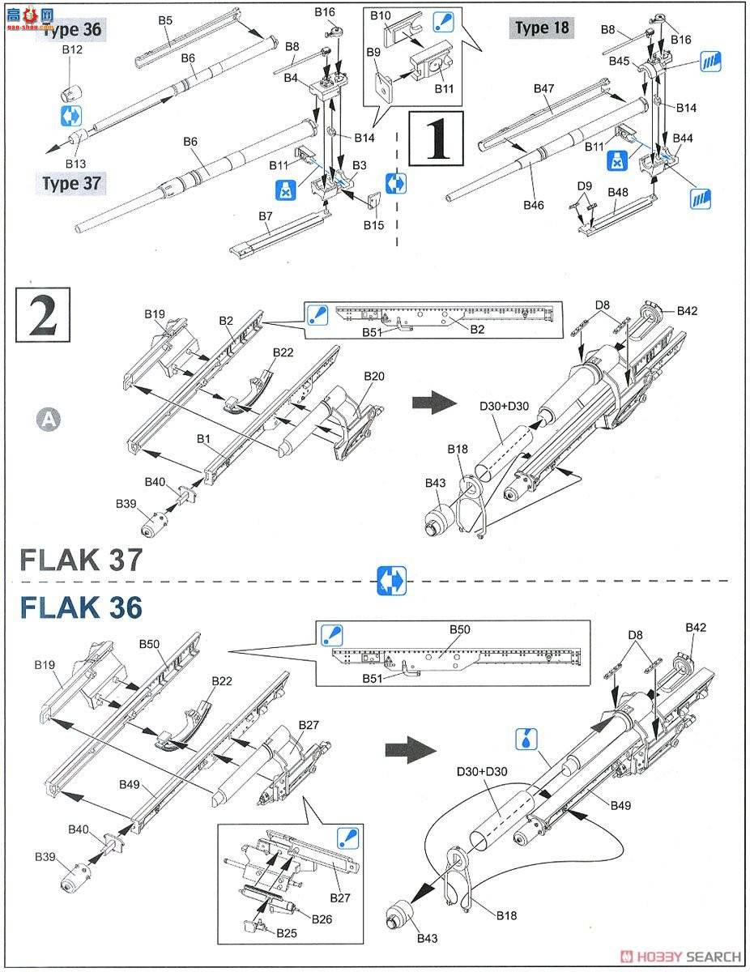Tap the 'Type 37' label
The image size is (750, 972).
[x=72, y=183]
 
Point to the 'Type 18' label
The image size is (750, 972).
[x=543, y=28]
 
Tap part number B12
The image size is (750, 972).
[x=73, y=50]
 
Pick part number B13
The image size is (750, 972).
[x=75, y=164]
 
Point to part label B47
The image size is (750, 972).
[x=544, y=87]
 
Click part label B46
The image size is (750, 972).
[x=534, y=205]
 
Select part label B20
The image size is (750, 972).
[x=374, y=377]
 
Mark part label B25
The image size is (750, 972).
[x=287, y=933]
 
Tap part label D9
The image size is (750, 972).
[x=585, y=186]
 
